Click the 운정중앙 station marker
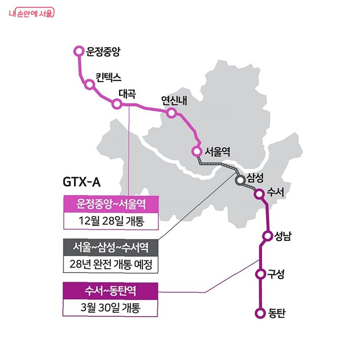[79, 51]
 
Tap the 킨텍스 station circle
[89, 84]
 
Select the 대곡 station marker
[117, 104]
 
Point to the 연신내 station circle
[171, 113]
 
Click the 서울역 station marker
[197, 151]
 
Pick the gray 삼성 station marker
[240, 180]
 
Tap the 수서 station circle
[259, 194]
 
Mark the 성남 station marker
[268, 236]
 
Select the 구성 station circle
[260, 274]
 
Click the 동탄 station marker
[260, 313]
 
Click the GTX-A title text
[82, 182]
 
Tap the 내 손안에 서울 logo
[31, 13]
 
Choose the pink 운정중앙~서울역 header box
[111, 204]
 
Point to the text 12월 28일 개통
[111, 221]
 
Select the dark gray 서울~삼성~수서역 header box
[110, 247]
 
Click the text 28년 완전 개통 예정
[110, 264]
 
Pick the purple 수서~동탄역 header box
[110, 290]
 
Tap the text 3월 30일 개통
[110, 307]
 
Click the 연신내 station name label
[174, 100]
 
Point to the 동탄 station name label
[277, 313]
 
